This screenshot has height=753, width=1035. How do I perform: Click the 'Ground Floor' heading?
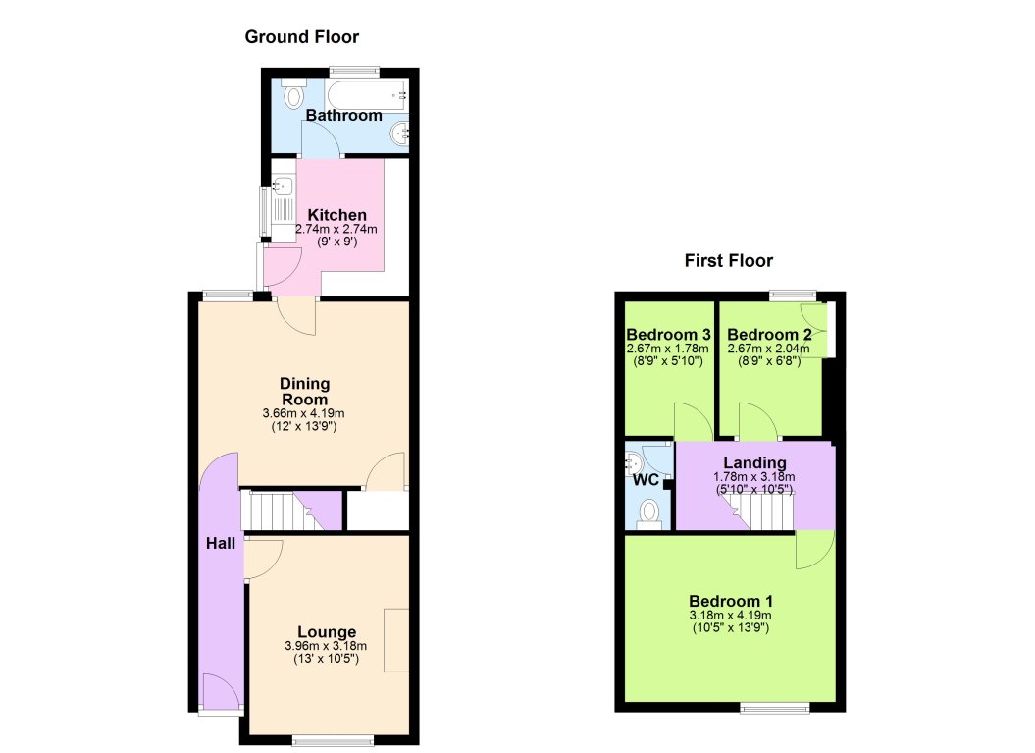301,37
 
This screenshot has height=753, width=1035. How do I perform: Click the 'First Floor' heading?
728,261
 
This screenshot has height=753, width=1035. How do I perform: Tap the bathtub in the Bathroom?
364,96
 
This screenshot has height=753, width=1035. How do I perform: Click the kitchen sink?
282,187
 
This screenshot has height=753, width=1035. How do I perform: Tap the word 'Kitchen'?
336,215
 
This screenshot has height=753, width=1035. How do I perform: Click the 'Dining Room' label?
305,391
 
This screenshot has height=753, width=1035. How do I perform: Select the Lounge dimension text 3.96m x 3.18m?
326,646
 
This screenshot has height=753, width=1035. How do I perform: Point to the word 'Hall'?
220,543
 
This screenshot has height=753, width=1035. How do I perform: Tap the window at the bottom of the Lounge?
333,740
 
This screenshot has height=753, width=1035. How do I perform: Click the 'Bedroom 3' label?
668,333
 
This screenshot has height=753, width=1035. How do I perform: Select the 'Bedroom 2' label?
769,333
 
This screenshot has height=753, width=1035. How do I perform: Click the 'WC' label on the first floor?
645,480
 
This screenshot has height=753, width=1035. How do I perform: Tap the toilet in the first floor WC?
648,512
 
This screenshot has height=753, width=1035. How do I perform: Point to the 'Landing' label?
754,463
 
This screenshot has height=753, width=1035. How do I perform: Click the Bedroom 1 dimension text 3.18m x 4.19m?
731,616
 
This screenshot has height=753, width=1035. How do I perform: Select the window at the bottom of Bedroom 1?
775,707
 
